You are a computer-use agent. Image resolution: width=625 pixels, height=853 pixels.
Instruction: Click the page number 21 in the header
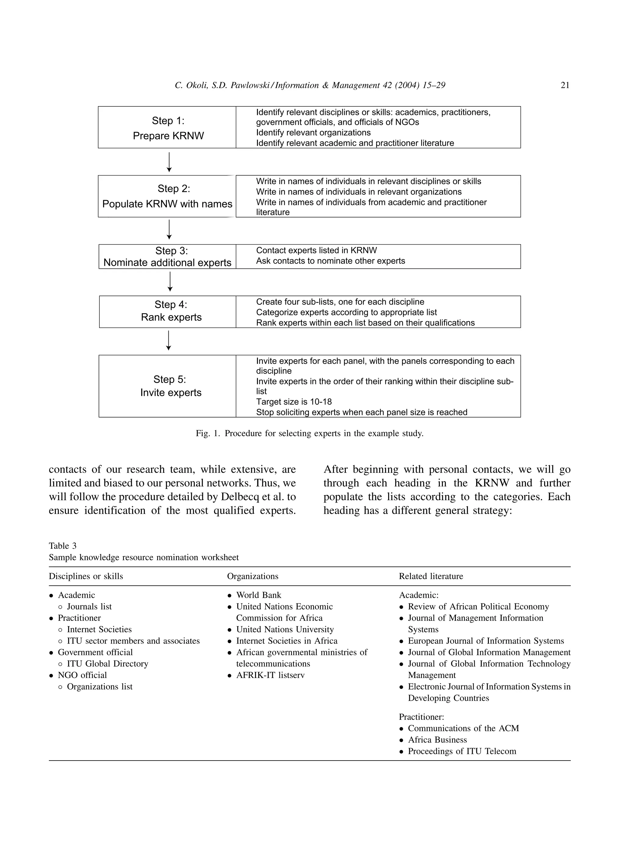(565, 85)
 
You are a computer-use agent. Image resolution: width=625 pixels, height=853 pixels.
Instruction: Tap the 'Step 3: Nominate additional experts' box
(167, 257)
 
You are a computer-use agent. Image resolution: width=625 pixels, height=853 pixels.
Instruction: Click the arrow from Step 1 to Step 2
(169, 162)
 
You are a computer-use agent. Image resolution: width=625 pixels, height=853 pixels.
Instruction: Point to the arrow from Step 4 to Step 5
(169, 341)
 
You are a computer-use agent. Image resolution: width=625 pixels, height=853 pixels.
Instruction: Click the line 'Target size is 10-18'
(294, 402)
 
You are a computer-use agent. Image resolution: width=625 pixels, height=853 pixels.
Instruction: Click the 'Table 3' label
(63, 546)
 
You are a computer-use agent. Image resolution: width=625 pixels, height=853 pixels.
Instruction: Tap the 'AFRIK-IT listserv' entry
(270, 675)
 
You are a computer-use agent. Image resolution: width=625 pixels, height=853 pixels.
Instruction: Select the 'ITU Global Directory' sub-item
(107, 664)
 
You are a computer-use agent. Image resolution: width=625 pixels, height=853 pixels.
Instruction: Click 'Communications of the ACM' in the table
(463, 728)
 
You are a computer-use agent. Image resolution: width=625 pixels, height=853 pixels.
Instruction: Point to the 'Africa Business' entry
(437, 740)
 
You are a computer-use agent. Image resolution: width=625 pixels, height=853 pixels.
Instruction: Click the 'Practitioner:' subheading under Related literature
(421, 717)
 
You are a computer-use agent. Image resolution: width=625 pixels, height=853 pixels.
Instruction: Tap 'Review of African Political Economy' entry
(478, 607)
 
